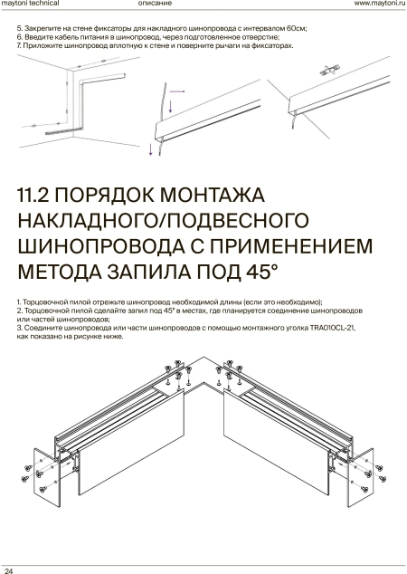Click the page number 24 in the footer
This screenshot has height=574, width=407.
pyautogui.click(x=9, y=570)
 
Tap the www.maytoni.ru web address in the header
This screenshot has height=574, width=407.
pyautogui.click(x=380, y=4)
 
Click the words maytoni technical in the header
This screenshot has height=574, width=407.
pyautogui.click(x=31, y=4)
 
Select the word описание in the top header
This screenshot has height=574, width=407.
pyautogui.click(x=155, y=4)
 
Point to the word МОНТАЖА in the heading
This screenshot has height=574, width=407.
pyautogui.click(x=213, y=195)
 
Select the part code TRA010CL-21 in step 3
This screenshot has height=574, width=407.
pyautogui.click(x=332, y=328)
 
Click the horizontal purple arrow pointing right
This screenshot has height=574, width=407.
pyautogui.click(x=177, y=91)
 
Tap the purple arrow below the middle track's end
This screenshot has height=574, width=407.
pyautogui.click(x=150, y=149)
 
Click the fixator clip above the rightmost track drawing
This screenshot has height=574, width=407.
pyautogui.click(x=330, y=71)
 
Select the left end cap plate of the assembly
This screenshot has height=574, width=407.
pyautogui.click(x=47, y=477)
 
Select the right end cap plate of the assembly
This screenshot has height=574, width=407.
pyautogui.click(x=361, y=477)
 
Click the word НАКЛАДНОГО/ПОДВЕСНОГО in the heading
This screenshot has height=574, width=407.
pyautogui.click(x=163, y=220)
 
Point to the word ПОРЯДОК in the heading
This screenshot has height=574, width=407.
pyautogui.click(x=104, y=195)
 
